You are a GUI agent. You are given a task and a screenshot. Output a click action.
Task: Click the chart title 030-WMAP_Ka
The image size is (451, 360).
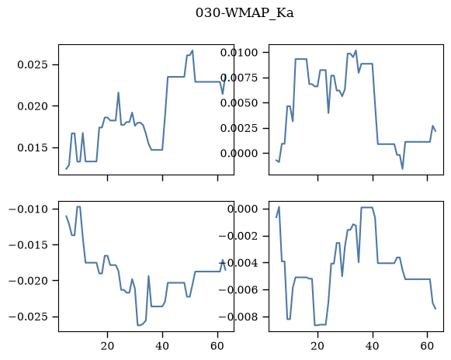(245, 13)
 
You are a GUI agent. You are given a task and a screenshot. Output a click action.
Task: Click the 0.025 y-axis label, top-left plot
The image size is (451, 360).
(32, 64)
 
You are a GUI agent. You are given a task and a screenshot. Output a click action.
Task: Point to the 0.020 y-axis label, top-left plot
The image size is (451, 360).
(32, 106)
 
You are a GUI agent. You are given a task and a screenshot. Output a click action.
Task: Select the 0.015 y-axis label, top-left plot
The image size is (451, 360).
(32, 147)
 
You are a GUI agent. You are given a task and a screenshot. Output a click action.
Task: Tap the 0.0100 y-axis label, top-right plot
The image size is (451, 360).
(239, 53)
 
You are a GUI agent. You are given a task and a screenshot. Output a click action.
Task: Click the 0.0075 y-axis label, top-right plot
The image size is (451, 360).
(239, 78)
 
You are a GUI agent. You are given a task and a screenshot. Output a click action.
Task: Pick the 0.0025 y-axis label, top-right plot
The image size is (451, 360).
(239, 128)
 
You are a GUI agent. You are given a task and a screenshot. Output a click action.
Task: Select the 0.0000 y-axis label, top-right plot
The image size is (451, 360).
(239, 154)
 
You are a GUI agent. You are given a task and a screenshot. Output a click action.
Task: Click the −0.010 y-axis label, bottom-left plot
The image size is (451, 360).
(28, 209)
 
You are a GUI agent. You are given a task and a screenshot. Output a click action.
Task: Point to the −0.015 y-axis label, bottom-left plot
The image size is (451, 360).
(28, 245)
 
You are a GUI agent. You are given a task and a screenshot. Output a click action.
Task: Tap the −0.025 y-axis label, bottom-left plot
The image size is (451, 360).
(28, 317)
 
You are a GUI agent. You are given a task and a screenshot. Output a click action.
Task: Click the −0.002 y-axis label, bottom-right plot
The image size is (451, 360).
(238, 236)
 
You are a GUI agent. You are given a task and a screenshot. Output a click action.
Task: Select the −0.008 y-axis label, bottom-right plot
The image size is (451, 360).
(238, 317)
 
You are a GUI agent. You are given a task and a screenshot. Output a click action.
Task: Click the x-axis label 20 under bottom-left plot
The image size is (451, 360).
(108, 346)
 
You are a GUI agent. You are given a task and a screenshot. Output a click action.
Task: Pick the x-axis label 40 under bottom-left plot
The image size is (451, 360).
(162, 346)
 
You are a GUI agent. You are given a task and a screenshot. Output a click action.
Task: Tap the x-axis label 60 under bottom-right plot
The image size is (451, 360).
(428, 346)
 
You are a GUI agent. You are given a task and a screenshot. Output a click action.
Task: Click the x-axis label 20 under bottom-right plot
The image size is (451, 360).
(317, 346)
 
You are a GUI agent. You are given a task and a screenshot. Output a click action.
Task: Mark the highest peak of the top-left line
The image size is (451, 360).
(193, 50)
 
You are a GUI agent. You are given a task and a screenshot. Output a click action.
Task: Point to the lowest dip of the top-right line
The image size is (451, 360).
(403, 169)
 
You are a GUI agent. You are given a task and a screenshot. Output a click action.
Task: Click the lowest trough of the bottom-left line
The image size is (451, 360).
(138, 325)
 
